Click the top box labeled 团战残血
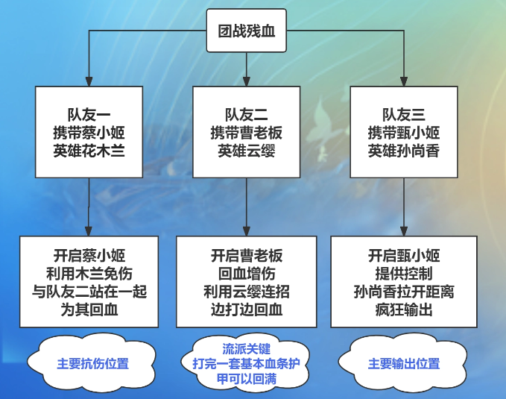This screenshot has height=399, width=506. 246,31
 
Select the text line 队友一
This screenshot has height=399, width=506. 89,115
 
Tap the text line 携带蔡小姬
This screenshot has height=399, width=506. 89,133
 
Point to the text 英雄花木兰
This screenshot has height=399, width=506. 89,151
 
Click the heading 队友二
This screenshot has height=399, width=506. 246,115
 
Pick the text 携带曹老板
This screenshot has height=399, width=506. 246,133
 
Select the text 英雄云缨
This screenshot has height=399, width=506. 246,151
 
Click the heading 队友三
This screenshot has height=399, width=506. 404,115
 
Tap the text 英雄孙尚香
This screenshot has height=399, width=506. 404,151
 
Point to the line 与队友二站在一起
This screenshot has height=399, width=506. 89,292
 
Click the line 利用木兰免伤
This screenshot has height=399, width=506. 89,274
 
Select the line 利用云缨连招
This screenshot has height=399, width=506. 246,292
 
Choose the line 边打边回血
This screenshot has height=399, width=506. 246,310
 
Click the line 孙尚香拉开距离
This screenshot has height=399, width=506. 404,292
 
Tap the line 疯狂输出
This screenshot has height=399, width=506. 404,310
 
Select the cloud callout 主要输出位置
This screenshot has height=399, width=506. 403,362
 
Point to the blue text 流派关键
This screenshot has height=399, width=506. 246,349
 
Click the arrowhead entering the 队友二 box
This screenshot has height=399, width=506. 246,81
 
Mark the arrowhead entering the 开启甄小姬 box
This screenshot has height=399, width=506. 404,231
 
